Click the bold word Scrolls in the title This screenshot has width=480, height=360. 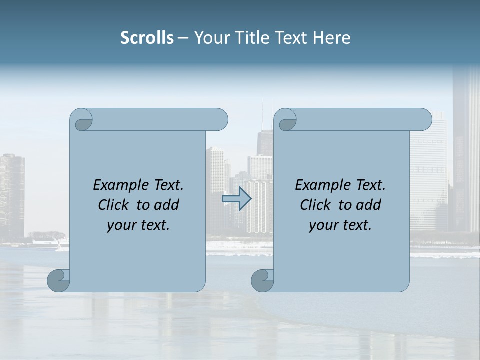147,38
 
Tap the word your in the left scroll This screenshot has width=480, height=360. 121,225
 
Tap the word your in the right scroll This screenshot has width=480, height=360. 323,225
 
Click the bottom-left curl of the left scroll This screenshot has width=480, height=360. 59,281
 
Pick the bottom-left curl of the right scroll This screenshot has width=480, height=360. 262,281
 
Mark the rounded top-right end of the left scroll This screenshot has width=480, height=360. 220,120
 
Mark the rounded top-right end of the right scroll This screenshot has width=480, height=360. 424,120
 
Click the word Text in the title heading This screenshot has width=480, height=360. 292,38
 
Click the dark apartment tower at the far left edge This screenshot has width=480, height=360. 11,195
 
